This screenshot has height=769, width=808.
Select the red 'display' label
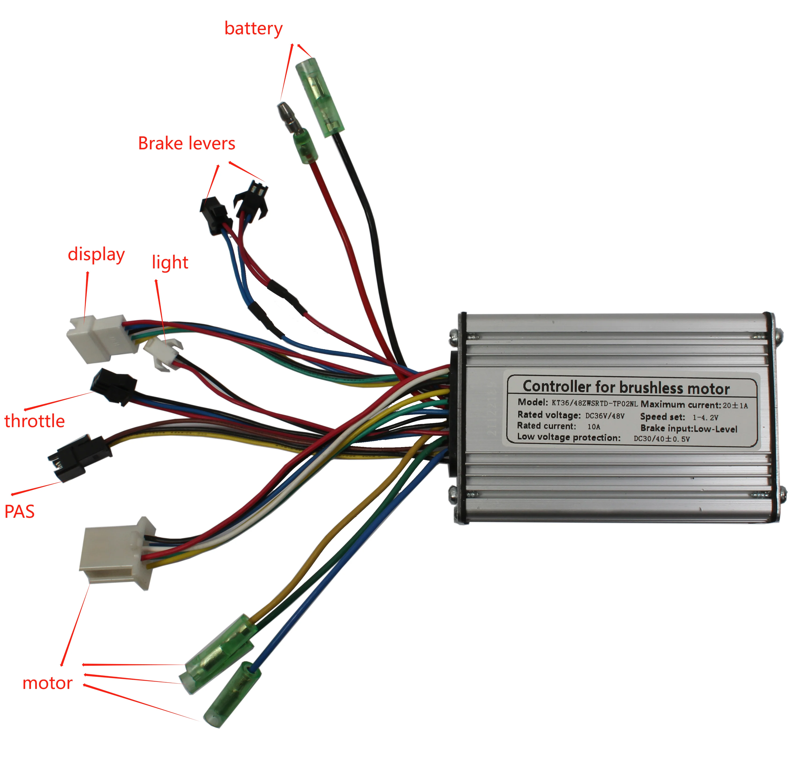[96, 255]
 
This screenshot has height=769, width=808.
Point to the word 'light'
[170, 262]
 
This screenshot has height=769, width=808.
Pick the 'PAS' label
[19, 512]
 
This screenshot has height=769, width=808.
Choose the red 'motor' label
[47, 683]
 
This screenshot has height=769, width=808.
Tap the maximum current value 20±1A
[735, 406]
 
